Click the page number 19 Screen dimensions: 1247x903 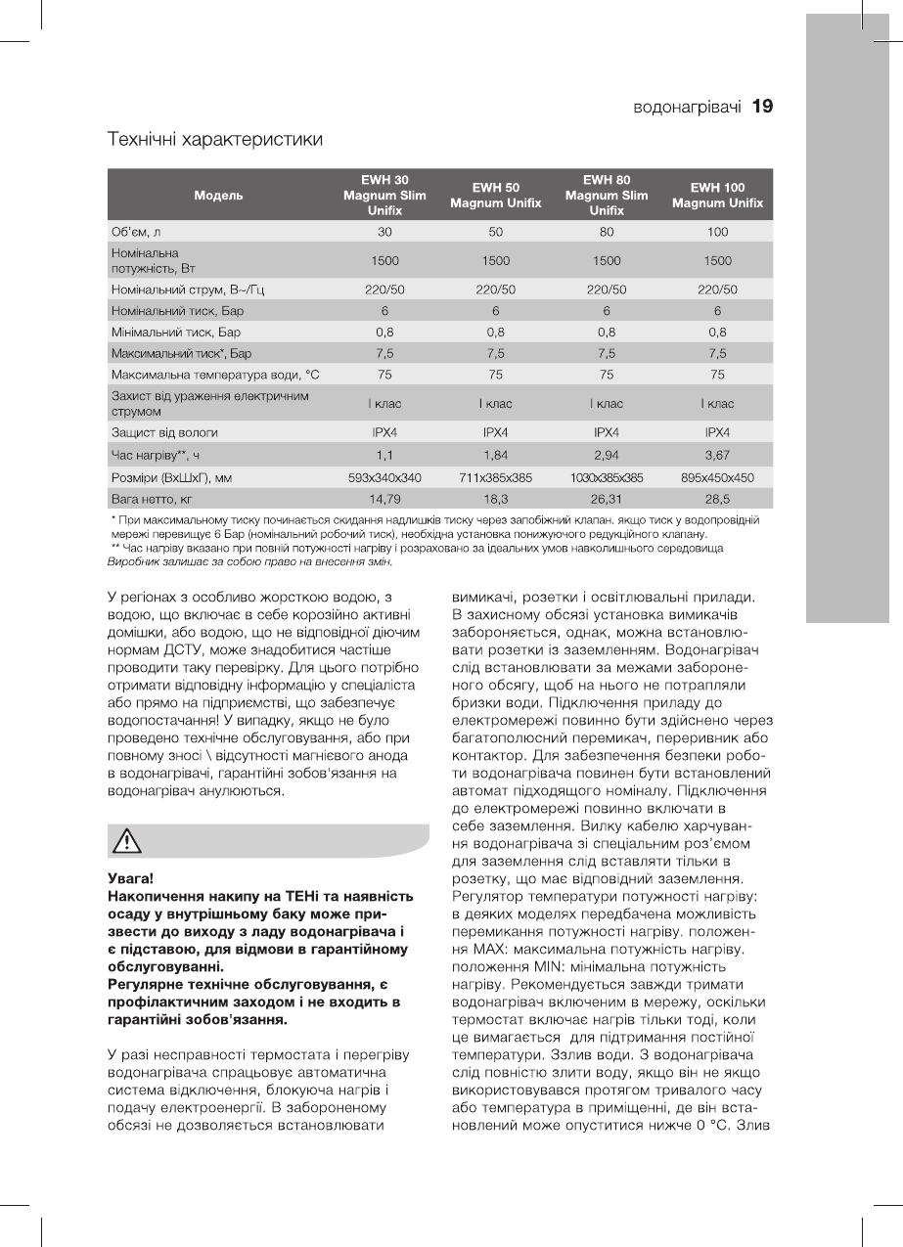(x=762, y=107)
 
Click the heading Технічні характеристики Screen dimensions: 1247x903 (x=214, y=140)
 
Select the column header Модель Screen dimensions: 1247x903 (x=219, y=195)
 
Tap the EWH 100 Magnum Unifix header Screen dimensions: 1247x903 (x=717, y=195)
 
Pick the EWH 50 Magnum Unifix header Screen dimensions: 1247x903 (x=496, y=195)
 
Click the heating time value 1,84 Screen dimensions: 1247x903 (x=496, y=454)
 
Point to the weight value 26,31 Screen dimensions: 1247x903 (x=607, y=499)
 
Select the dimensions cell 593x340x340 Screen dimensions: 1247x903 (x=385, y=477)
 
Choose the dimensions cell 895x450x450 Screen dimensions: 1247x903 (x=717, y=477)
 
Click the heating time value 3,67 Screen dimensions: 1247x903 (x=717, y=454)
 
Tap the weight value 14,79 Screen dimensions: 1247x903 (x=385, y=499)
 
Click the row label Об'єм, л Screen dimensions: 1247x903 (x=136, y=232)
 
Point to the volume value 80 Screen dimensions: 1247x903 (x=607, y=232)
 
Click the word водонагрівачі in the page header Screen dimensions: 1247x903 (x=686, y=107)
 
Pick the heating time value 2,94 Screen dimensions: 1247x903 (x=607, y=454)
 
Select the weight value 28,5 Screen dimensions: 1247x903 (x=717, y=499)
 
